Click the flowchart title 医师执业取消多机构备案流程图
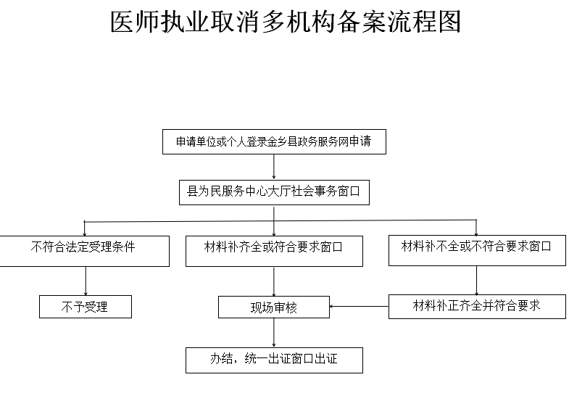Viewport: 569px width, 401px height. pos(286,22)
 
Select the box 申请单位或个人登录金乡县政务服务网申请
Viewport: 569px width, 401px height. pos(274,141)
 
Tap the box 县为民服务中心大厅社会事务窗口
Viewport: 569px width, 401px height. pos(274,192)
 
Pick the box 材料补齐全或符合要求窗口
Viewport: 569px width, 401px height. pos(274,251)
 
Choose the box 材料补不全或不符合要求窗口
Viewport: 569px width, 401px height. pos(477,250)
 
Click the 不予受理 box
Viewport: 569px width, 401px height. pos(86,307)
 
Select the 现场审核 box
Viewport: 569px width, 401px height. pos(273,307)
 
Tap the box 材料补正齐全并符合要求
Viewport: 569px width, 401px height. pos(477,306)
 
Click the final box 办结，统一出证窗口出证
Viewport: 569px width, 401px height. pos(274,360)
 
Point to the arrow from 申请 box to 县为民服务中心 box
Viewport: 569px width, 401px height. pos(273,167)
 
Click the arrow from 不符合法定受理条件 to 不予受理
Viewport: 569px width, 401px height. pos(86,281)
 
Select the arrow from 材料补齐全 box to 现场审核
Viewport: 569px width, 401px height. pos(273,281)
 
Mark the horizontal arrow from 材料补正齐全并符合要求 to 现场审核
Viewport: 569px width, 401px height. pos(359,306)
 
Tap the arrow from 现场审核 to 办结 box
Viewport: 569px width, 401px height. pos(273,333)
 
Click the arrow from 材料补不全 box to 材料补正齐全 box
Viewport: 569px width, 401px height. pos(476,280)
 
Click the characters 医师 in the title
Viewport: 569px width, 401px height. pos(135,22)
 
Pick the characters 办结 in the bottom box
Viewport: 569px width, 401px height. pos(221,358)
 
